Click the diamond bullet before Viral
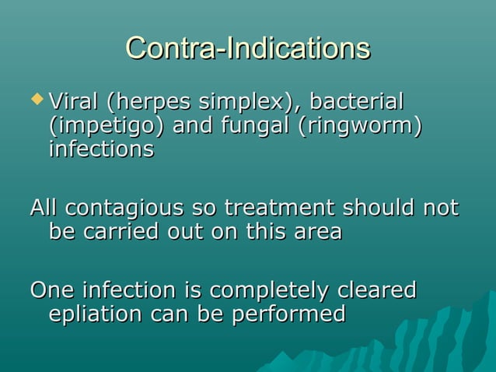click(x=37, y=99)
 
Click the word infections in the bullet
click(x=100, y=149)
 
